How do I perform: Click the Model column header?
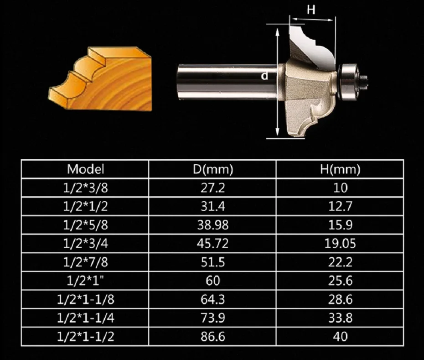coord(85,169)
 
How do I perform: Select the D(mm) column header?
coord(213,169)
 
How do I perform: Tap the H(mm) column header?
coord(340,169)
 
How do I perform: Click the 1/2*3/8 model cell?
coord(85,188)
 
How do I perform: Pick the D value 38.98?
coord(213,225)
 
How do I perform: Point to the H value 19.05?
coord(340,244)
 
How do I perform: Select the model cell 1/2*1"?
coord(85,281)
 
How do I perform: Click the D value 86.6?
coord(213,336)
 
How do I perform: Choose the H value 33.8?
coord(340,318)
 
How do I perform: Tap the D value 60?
coord(213,281)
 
